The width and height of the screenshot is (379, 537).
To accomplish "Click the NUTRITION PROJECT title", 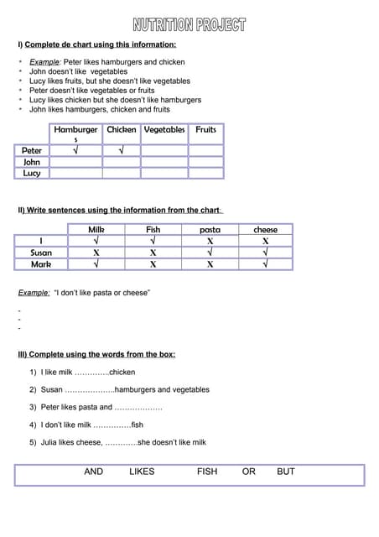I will tap(189, 24).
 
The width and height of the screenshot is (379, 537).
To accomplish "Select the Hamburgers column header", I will tap(75, 132).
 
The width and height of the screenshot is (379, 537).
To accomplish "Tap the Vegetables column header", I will tap(164, 130).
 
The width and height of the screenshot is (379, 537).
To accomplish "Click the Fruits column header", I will tap(205, 130).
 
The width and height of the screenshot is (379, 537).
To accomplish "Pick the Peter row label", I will tap(32, 151).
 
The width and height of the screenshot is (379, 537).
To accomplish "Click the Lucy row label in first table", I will tap(32, 174).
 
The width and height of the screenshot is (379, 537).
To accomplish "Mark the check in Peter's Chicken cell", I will tap(121, 151).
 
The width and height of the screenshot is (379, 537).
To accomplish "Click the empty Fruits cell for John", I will tap(205, 162).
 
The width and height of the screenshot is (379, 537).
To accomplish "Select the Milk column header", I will tap(96, 229).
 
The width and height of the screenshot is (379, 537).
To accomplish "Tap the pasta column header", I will tap(210, 229).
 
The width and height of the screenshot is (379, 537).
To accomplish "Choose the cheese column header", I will tap(265, 229).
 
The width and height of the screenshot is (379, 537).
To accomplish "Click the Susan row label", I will tap(40, 252).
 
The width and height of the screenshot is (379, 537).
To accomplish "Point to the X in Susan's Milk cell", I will tap(96, 252).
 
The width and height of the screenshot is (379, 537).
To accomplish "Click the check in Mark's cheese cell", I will tap(265, 263).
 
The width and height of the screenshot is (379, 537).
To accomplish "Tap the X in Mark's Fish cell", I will tap(153, 263).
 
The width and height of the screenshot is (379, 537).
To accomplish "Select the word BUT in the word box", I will tap(286, 472).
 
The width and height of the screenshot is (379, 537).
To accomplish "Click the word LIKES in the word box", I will tap(142, 472).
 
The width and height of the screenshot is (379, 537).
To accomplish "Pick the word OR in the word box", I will tap(248, 472).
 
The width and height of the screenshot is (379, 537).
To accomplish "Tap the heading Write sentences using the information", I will tap(121, 210).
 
